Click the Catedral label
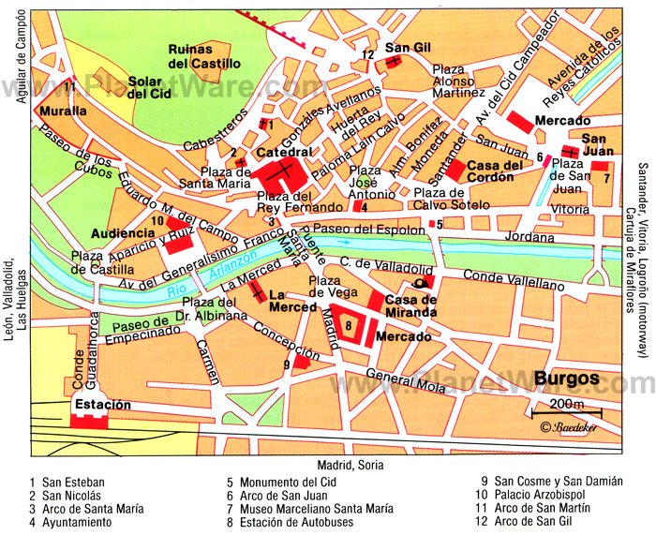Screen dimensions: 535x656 [283, 152]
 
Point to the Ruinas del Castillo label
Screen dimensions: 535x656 [203, 57]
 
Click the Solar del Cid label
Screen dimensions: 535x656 [149, 87]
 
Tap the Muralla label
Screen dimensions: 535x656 [63, 111]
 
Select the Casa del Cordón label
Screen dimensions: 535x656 [496, 172]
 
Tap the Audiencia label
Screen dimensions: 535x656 [123, 232]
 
